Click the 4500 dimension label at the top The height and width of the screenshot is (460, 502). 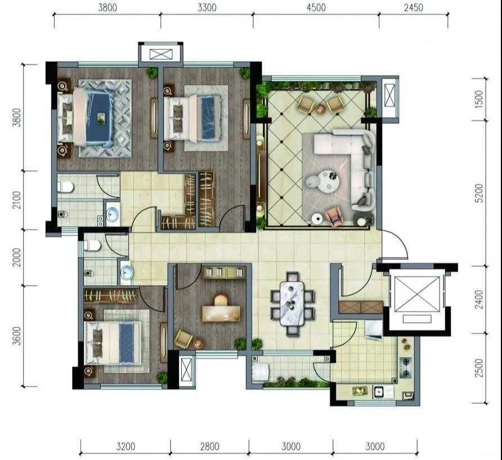click(x=316, y=7)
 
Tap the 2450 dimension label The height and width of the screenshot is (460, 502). click(x=413, y=7)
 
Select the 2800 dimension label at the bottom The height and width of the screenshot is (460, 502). click(x=210, y=447)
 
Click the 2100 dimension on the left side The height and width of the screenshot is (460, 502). click(x=17, y=200)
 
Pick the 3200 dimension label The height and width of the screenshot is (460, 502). click(x=125, y=447)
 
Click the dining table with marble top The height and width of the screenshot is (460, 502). click(x=292, y=303)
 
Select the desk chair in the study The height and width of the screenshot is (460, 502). click(x=220, y=300)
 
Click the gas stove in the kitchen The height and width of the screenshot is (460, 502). click(x=406, y=367)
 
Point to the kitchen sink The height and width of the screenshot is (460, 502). click(x=379, y=392)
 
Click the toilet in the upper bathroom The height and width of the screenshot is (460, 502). click(x=66, y=187)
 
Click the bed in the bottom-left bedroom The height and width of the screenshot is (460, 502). click(x=113, y=343)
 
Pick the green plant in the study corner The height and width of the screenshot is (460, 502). click(x=240, y=344)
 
